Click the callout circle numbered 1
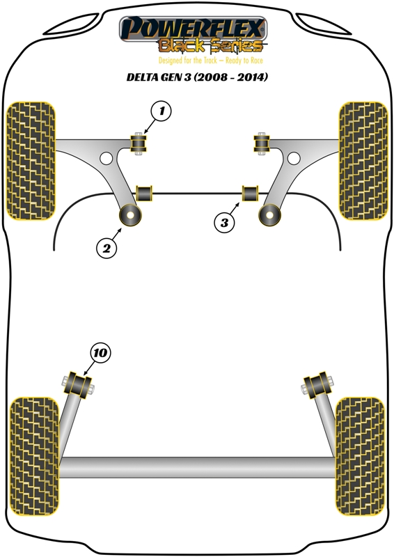(161, 111)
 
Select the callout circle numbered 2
(107, 248)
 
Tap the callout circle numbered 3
(224, 223)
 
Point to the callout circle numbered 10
(100, 353)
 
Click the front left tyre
(31, 161)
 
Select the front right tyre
(363, 161)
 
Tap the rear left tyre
(34, 456)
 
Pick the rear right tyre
(360, 456)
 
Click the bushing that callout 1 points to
(139, 143)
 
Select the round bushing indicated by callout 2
(130, 215)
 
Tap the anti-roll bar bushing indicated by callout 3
(251, 193)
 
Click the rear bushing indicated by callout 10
(78, 386)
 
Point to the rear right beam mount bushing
(317, 386)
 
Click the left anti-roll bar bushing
(144, 193)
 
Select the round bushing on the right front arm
(269, 215)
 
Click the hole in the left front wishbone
(106, 158)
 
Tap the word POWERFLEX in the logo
(193, 29)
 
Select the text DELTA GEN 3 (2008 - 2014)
(197, 77)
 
